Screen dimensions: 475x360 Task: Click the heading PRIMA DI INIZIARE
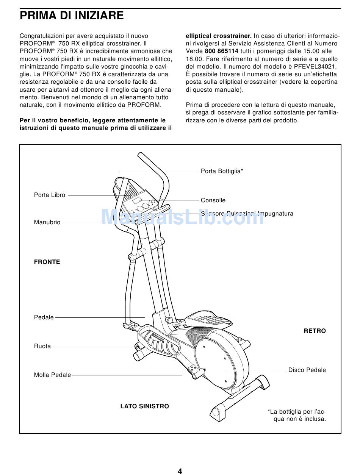pos(72,16)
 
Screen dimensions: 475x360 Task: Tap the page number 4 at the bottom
pos(180,471)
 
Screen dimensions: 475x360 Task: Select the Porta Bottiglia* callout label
pos(222,171)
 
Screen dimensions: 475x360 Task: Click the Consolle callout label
pos(213,200)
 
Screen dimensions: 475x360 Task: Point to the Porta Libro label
pos(50,195)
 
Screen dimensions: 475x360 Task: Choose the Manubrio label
pos(47,223)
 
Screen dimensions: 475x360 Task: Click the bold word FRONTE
pos(47,262)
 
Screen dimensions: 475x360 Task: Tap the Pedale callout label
pos(44,317)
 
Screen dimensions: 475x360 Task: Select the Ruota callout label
pos(42,346)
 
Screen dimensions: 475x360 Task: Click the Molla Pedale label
pos(52,375)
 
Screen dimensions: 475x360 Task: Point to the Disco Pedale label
pos(307,370)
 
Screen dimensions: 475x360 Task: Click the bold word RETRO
pos(315,331)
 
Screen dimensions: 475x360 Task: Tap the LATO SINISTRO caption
pos(145,406)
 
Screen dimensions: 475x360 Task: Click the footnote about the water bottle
pos(297,415)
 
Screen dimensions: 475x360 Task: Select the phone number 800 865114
pos(221,51)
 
